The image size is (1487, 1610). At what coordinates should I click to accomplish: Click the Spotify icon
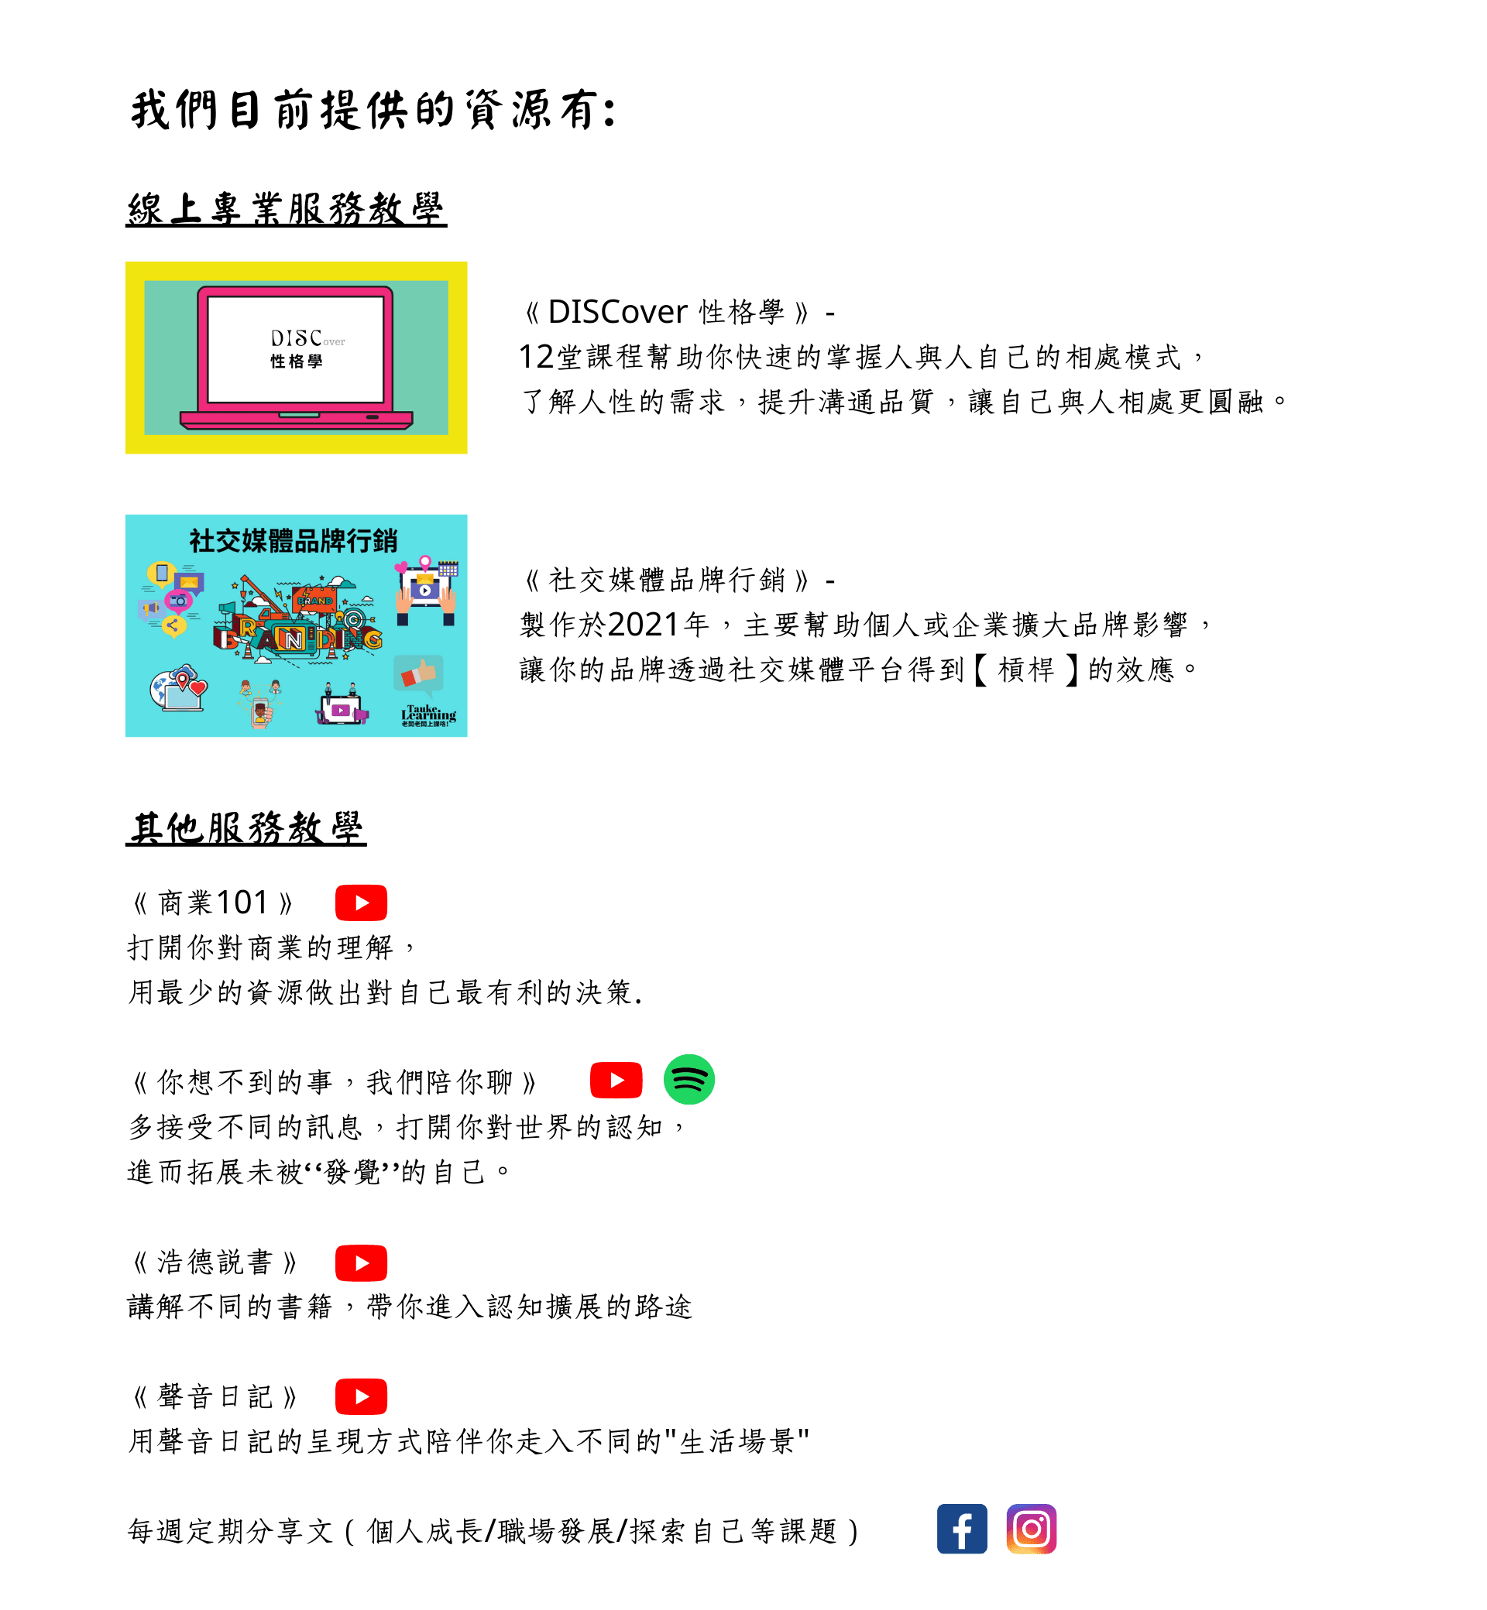tap(689, 1079)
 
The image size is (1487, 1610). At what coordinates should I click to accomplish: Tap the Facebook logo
tap(962, 1529)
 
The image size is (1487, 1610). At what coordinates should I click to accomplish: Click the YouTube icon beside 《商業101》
tap(361, 903)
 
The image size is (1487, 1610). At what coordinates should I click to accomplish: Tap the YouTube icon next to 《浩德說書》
tap(361, 1262)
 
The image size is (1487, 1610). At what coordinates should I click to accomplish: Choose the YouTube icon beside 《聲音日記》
tap(361, 1396)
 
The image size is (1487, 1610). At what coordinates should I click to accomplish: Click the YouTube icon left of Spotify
tap(616, 1079)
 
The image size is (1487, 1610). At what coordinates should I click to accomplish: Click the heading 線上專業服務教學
tap(287, 209)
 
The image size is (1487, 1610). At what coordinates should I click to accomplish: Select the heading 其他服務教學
tap(246, 827)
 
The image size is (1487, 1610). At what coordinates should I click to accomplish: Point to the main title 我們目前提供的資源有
tap(375, 109)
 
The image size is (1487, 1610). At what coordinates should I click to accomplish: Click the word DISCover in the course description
tap(617, 311)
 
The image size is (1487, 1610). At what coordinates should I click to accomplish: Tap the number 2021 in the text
tap(644, 624)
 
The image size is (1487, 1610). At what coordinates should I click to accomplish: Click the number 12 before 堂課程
tap(537, 356)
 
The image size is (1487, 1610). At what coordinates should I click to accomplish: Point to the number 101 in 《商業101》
tap(242, 903)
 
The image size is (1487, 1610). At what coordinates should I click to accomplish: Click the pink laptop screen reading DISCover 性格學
tap(296, 349)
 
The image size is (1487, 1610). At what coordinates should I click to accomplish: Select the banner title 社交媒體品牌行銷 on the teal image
tap(294, 540)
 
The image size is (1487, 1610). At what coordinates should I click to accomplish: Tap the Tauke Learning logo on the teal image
tap(429, 715)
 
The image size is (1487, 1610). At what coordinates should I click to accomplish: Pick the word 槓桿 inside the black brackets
tap(1026, 669)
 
